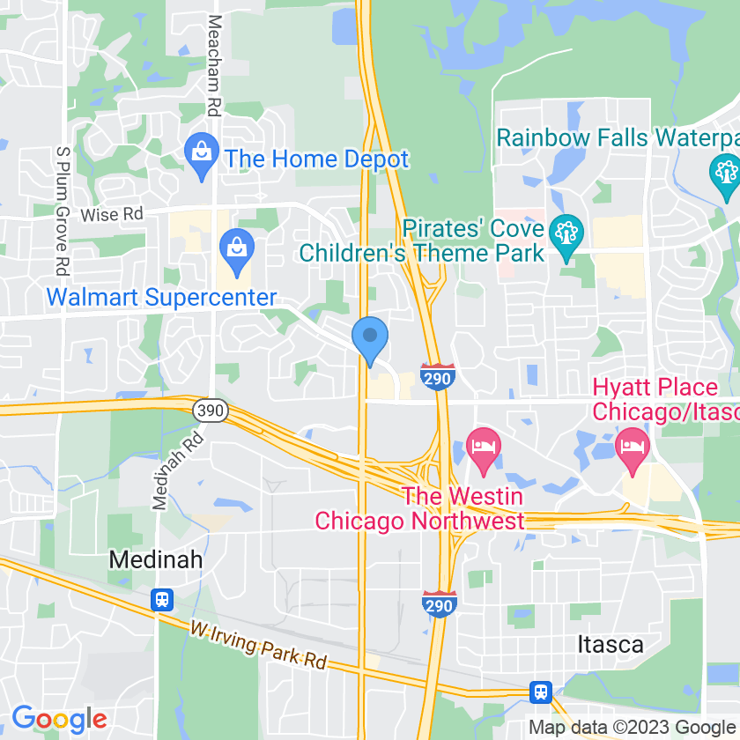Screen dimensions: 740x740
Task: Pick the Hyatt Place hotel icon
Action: (x=633, y=443)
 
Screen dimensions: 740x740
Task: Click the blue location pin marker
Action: (x=370, y=338)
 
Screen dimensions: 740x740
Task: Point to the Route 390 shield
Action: (x=211, y=411)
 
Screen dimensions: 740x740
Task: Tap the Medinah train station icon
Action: (x=161, y=600)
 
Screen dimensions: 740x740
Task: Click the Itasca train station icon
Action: (x=541, y=691)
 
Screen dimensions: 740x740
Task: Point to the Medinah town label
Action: (x=156, y=559)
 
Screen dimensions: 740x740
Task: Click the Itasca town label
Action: (x=610, y=644)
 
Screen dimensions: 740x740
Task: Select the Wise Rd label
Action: (x=111, y=214)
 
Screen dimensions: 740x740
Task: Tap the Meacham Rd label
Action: (x=213, y=67)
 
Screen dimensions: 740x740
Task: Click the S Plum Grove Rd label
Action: (x=62, y=209)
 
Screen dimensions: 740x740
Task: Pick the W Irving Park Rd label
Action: (x=258, y=646)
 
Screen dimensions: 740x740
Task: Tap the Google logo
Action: (x=59, y=719)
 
